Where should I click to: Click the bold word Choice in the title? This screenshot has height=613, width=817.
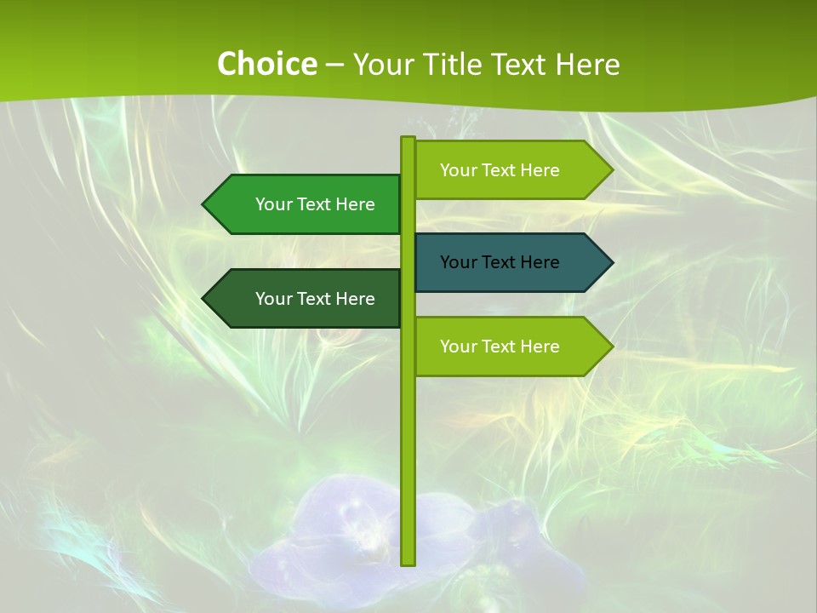pyautogui.click(x=266, y=65)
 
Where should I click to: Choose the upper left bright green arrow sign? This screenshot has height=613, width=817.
pyautogui.click(x=306, y=204)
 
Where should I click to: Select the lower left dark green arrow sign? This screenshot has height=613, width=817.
pyautogui.click(x=306, y=299)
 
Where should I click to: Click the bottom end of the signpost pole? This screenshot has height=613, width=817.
pyautogui.click(x=408, y=562)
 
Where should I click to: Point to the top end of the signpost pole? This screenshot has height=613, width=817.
pyautogui.click(x=408, y=140)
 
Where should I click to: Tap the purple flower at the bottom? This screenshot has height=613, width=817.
pyautogui.click(x=340, y=536)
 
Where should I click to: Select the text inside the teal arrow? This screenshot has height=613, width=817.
pyautogui.click(x=500, y=262)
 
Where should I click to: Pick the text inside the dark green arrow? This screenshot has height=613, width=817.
pyautogui.click(x=315, y=299)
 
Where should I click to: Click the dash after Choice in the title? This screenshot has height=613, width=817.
pyautogui.click(x=334, y=66)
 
